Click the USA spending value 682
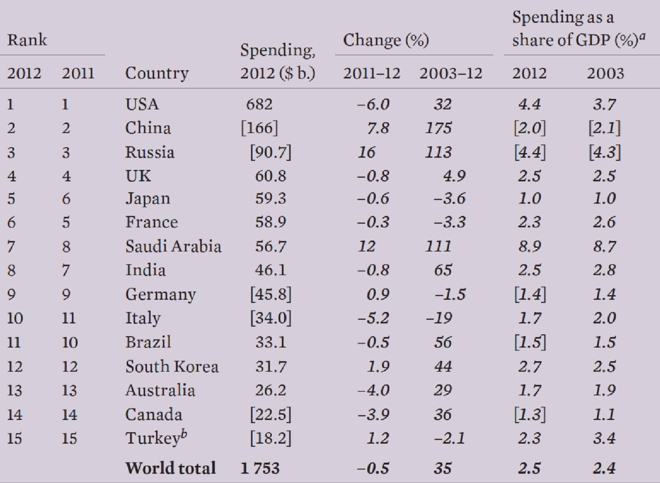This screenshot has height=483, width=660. pos(259,104)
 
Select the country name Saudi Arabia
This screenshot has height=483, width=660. pos(173,246)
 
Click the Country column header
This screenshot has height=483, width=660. pos(157,73)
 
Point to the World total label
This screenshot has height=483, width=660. pos(171,468)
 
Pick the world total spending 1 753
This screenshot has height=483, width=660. pos(260,468)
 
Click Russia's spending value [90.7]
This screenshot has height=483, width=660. pos(271,152)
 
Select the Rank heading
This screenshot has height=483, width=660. pos(27,40)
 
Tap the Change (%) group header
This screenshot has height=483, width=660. pos(386,40)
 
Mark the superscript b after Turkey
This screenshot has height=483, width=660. pos(184,434)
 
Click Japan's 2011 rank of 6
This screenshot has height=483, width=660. pos(66,199)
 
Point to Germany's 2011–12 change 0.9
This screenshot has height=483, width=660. pos(378,294)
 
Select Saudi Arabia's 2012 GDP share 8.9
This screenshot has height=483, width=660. pos(530,246)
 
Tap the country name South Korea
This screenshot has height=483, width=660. pos(172,367)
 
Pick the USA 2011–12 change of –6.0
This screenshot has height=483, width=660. pos(373,104)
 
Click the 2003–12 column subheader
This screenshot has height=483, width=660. pos(451,73)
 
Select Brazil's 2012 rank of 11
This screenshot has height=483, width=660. pos(14,342)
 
